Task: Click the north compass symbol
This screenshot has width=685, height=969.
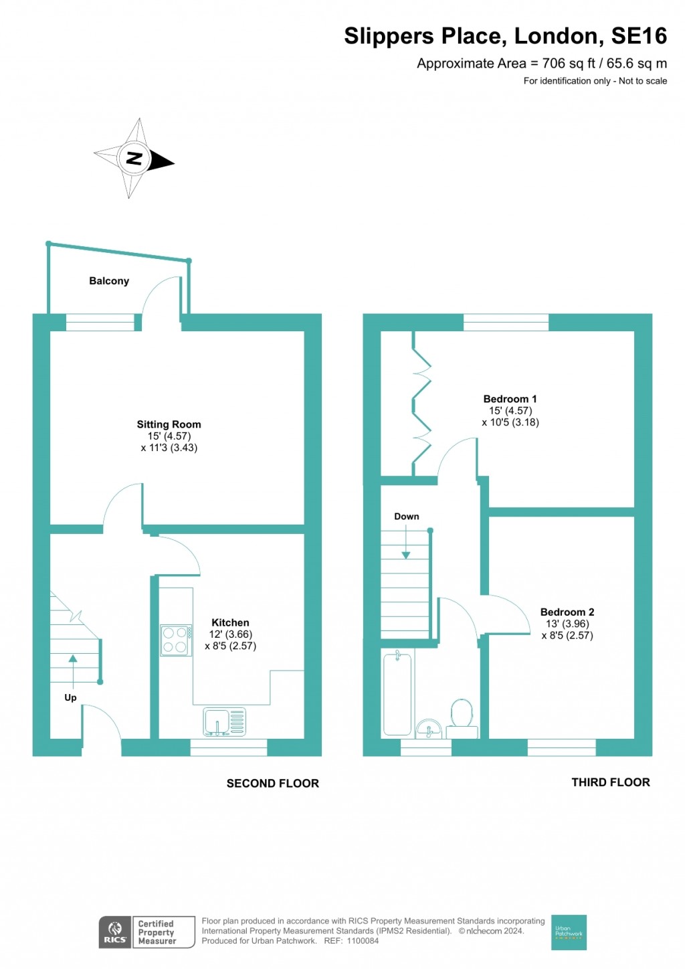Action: click(134, 159)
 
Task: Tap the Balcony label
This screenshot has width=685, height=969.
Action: click(109, 281)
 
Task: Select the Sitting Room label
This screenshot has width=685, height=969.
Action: click(169, 424)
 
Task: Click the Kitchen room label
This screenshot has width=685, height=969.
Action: click(230, 622)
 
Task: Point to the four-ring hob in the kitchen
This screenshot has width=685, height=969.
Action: click(175, 640)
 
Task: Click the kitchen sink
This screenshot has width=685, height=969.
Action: click(225, 722)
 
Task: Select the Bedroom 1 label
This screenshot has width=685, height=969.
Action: click(510, 399)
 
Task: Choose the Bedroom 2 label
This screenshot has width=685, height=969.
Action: click(567, 612)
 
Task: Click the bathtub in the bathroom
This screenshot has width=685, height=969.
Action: click(397, 694)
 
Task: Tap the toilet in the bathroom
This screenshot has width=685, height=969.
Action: click(462, 717)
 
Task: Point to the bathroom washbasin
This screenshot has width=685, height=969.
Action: click(429, 727)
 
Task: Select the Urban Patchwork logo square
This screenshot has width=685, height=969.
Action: click(569, 932)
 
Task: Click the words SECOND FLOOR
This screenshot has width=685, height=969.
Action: click(272, 783)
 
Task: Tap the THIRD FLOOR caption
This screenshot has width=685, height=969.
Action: click(610, 782)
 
